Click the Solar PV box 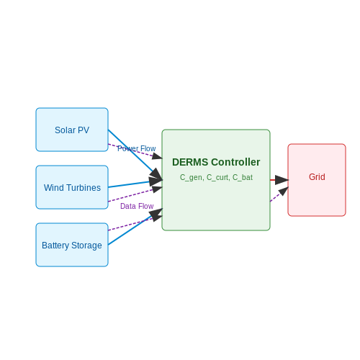72,130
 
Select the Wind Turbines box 72,187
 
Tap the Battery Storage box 72,245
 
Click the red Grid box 317,180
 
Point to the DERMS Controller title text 216,162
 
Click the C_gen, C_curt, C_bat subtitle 216,177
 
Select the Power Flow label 137,148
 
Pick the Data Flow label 137,206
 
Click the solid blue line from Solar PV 135,155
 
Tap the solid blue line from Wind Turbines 135,184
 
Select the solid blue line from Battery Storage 135,227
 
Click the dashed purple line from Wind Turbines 135,194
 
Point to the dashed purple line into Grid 279,194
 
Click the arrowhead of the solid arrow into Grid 282,180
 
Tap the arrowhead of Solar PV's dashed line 158,156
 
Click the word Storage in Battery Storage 86,246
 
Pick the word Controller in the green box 235,162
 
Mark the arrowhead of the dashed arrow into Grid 284,191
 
